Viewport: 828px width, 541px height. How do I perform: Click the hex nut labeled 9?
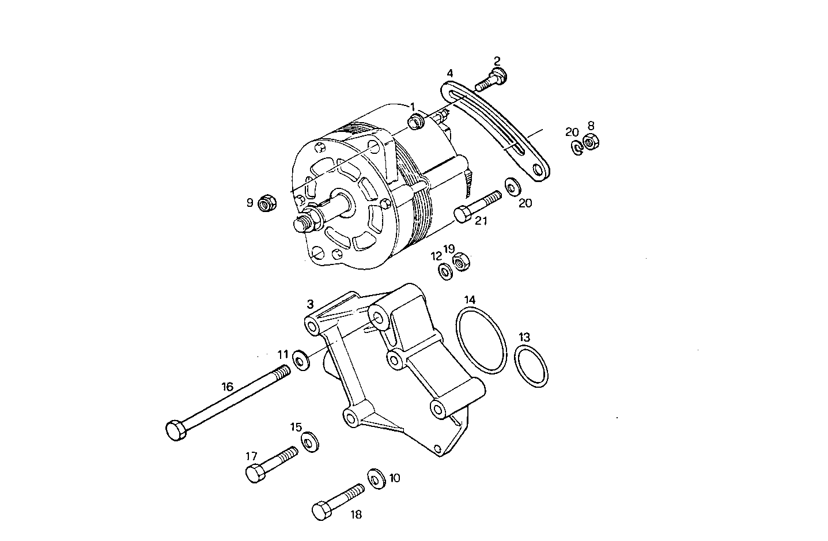[267, 203]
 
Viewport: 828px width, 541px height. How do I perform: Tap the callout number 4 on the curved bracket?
[450, 73]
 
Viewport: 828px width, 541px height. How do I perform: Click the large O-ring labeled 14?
[482, 341]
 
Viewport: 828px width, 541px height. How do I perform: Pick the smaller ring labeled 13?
[531, 367]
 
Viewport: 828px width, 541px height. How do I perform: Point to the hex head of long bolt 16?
[175, 430]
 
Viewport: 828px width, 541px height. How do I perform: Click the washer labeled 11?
[301, 360]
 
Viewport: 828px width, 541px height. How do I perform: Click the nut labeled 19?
[462, 262]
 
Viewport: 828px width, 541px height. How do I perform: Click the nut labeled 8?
[591, 141]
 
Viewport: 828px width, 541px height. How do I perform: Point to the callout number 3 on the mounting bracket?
[310, 304]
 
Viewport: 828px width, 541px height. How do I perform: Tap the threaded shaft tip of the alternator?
[299, 224]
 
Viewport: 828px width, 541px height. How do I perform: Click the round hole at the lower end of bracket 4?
[539, 170]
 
